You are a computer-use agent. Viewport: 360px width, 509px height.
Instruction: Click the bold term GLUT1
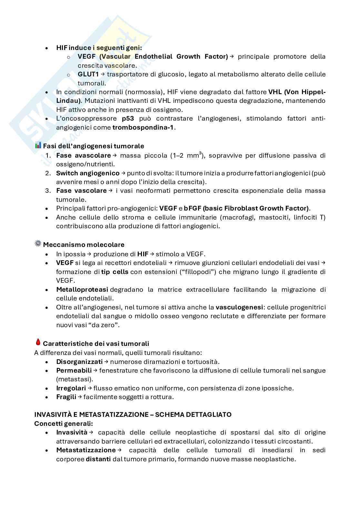point(88,74)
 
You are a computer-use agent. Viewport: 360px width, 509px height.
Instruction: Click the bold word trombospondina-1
point(143,127)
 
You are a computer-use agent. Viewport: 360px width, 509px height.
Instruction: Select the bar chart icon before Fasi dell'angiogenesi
point(38,145)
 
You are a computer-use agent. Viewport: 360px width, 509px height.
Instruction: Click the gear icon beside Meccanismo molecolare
point(38,244)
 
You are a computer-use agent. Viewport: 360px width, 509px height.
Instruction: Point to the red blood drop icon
point(38,342)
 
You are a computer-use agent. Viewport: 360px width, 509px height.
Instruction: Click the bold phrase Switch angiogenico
point(88,173)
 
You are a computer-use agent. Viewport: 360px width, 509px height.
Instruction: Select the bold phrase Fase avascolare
point(83,156)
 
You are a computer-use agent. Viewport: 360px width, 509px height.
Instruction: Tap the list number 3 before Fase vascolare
point(48,191)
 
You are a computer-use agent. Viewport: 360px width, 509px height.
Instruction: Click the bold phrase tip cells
point(115,272)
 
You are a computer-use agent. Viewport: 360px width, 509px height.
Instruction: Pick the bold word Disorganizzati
point(79,362)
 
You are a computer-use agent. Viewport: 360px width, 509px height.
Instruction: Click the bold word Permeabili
point(74,370)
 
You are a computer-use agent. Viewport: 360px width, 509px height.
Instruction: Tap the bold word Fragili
point(66,397)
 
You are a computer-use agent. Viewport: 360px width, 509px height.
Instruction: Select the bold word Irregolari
point(71,388)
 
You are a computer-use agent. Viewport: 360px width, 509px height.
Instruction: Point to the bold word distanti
point(98,459)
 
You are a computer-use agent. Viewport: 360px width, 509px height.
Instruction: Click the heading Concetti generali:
point(64,423)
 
